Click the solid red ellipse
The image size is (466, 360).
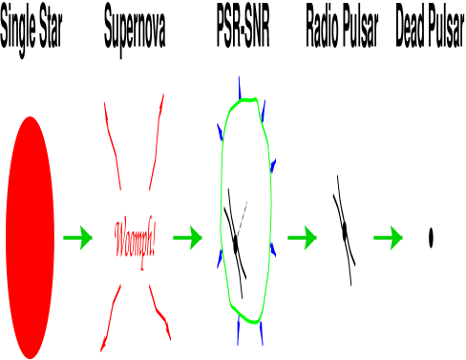tap(30, 238)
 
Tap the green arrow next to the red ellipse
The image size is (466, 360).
tap(78, 238)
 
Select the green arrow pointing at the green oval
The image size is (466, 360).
tap(188, 238)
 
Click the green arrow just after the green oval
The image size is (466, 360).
tap(303, 238)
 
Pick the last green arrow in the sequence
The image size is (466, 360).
tap(389, 238)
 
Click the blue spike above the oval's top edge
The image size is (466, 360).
tap(239, 86)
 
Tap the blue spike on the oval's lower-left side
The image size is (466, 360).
tap(221, 256)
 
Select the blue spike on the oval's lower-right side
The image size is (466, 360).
tap(273, 250)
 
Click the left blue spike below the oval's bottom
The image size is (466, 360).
tap(238, 332)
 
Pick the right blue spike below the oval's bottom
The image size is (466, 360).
tap(261, 334)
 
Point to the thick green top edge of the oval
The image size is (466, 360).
tap(245, 99)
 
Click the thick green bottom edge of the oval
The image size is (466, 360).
tap(244, 316)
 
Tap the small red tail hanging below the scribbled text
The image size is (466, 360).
tap(142, 265)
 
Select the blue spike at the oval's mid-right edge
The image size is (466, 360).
tap(273, 168)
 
